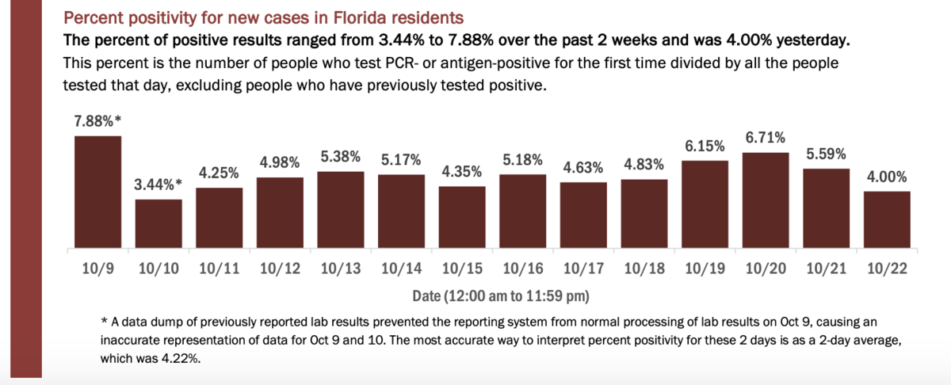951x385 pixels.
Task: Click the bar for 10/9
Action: coord(97,193)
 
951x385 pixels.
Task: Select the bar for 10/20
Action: coord(766,202)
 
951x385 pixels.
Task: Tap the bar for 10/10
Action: coord(158,225)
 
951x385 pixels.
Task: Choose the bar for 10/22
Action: coord(887,221)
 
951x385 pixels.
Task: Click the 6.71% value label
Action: coord(766,138)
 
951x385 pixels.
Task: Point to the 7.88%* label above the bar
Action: coord(97,121)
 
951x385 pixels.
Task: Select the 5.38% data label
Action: coord(341,157)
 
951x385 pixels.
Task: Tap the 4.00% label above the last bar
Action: coord(888,177)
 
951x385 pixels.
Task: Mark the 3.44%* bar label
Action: coord(158,185)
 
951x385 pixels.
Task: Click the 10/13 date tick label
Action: coord(341,269)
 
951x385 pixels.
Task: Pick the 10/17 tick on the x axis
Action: coord(582,269)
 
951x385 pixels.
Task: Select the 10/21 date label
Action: coord(826,269)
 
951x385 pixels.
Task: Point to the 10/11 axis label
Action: coord(219,269)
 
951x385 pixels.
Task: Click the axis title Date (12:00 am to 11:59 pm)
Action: coord(500,295)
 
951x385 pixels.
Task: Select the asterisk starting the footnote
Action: coord(104,322)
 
